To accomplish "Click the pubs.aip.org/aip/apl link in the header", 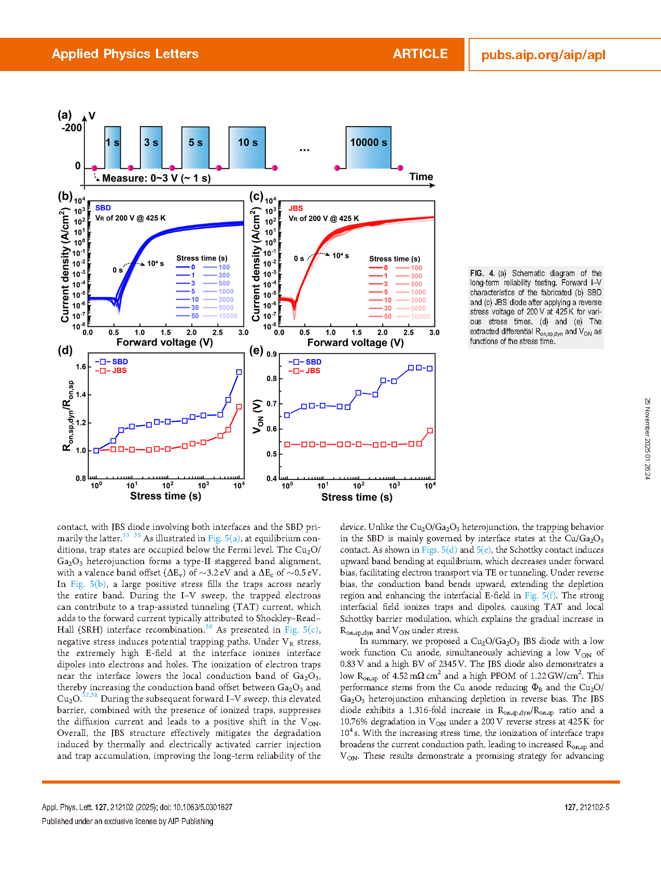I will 543,55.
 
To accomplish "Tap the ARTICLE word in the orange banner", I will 420,54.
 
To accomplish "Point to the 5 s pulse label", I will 195,143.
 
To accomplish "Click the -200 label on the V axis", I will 72,128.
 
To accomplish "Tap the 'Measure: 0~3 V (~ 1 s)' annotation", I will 156,179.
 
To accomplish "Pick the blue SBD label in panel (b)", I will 103,208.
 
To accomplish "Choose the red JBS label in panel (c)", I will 296,208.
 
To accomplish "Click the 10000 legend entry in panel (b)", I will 228,316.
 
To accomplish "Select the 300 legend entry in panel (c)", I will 416,276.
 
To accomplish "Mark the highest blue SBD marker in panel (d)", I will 239,372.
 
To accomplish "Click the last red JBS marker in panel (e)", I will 430,431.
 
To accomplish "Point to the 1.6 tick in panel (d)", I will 81,367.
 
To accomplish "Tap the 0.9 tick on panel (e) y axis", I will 272,354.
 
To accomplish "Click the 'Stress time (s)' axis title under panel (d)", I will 165,496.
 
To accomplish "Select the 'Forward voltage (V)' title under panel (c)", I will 356,343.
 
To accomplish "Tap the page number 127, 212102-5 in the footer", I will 587,807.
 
